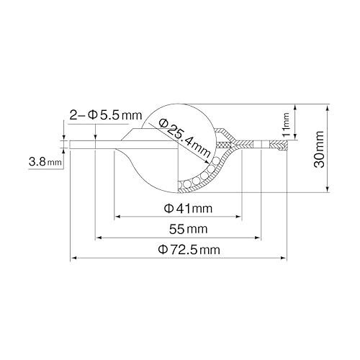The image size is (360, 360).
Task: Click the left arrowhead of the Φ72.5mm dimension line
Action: (73, 258)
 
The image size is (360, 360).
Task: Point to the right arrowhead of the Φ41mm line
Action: (239, 216)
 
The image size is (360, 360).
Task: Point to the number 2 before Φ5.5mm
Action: (74, 114)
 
